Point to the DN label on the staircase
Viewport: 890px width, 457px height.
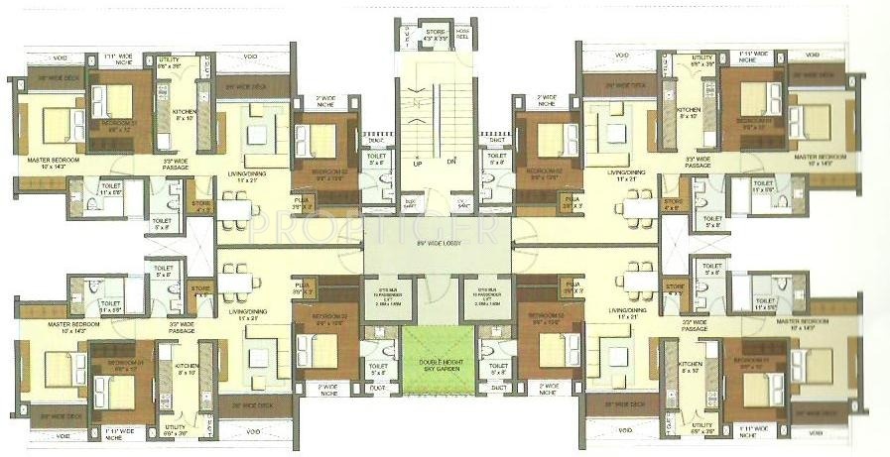click(x=451, y=161)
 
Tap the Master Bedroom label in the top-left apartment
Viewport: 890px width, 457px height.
click(x=40, y=160)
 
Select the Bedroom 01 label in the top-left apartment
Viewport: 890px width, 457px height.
click(x=122, y=127)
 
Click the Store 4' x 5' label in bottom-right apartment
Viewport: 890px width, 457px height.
click(x=674, y=287)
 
